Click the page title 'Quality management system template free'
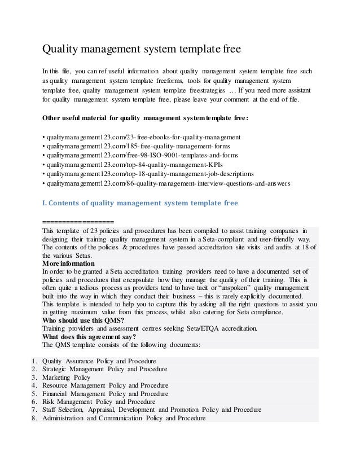[x=142, y=49]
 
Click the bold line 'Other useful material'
[x=146, y=118]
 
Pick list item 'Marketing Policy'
[x=66, y=377]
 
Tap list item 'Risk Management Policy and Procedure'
[x=96, y=402]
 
